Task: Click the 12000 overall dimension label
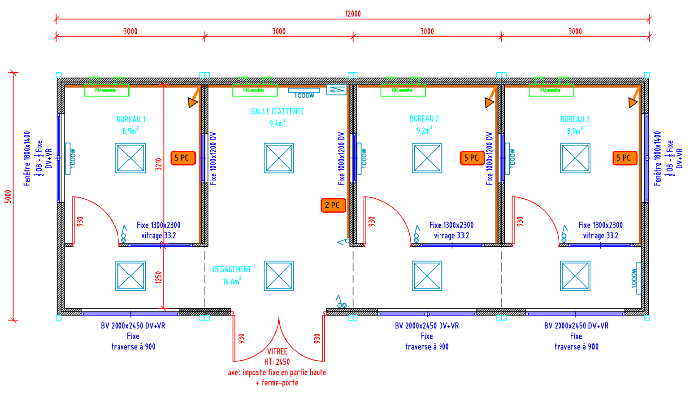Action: pos(353,13)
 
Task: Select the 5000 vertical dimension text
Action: pos(8,196)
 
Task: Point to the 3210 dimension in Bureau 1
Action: pos(158,164)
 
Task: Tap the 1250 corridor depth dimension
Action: pos(158,277)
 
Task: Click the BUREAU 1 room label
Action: pos(131,119)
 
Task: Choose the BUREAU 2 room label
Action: pos(424,119)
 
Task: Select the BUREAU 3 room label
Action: pos(575,119)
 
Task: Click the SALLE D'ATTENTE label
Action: pos(278,111)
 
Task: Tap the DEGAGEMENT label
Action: pos(232,270)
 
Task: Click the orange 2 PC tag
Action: pos(333,205)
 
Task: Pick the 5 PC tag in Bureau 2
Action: pos(472,158)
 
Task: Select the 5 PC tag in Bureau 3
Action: pos(625,158)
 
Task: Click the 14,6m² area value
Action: pos(232,281)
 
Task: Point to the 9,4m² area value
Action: pos(278,123)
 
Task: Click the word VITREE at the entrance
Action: pos(277,352)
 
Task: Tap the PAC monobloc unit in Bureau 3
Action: pos(551,91)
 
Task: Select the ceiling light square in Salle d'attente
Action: pos(279,158)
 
